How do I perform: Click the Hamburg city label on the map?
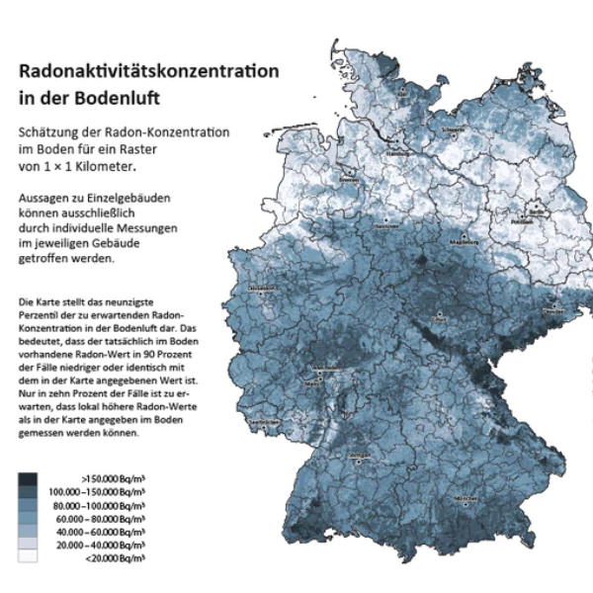[x=396, y=154]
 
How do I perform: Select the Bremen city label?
[x=348, y=181]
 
